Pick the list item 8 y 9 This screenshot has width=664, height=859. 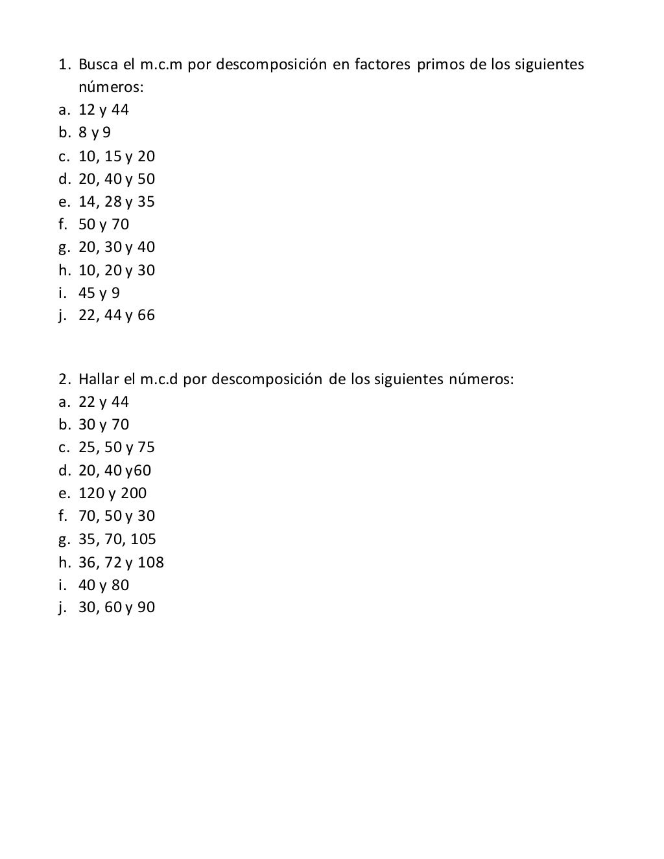pyautogui.click(x=95, y=133)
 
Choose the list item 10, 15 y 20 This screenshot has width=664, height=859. pyautogui.click(x=117, y=156)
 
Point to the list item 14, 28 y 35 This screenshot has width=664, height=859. pyautogui.click(x=117, y=201)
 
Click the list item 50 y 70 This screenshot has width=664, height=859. pyautogui.click(x=104, y=224)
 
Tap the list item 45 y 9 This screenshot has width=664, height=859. pyautogui.click(x=99, y=293)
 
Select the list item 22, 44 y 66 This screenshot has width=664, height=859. pyautogui.click(x=117, y=315)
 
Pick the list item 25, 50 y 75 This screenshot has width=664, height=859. pyautogui.click(x=117, y=448)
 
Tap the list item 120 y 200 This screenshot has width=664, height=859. pyautogui.click(x=113, y=493)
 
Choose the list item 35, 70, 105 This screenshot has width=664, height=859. pyautogui.click(x=117, y=539)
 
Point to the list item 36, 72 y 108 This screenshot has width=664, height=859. pyautogui.click(x=121, y=562)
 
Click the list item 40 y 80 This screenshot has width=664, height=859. pyautogui.click(x=104, y=585)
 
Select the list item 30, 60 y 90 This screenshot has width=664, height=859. pyautogui.click(x=117, y=608)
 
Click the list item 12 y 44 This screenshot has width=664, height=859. pyautogui.click(x=104, y=110)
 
